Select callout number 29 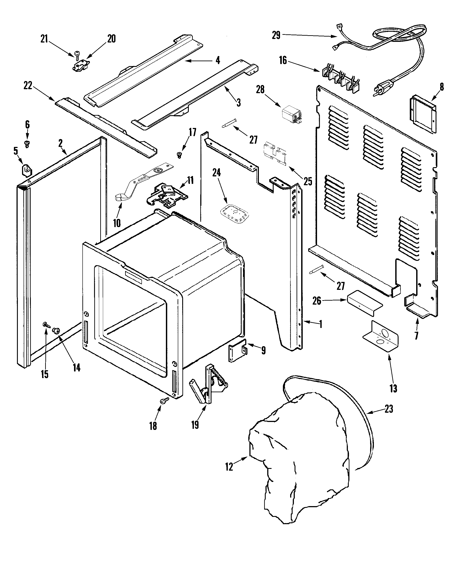pyautogui.click(x=276, y=35)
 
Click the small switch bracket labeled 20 pyautogui.click(x=80, y=66)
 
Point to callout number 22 pyautogui.click(x=28, y=86)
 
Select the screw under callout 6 pyautogui.click(x=27, y=143)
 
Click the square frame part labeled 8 pyautogui.click(x=423, y=113)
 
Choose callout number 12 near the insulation pyautogui.click(x=229, y=466)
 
